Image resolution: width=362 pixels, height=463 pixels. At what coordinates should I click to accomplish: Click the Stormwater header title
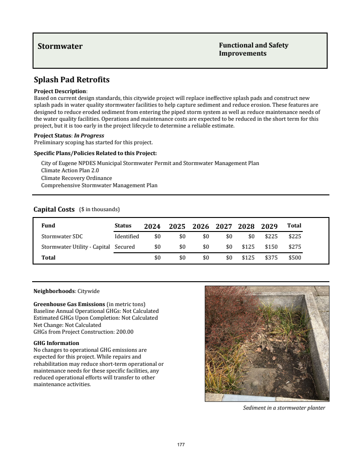[x=60, y=46]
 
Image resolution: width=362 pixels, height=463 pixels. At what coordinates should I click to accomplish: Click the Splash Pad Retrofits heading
[x=71, y=80]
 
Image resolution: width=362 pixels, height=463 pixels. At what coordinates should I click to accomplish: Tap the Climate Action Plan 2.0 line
[x=70, y=170]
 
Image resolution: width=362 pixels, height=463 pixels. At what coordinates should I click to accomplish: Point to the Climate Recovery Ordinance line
[x=76, y=178]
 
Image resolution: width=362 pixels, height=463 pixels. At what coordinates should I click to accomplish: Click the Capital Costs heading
[x=54, y=209]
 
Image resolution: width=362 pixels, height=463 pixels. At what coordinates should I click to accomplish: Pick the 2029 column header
[x=269, y=226]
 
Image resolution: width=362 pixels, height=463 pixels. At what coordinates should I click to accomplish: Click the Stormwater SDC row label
[x=62, y=236]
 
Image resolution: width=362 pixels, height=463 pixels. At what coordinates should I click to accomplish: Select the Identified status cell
[x=127, y=236]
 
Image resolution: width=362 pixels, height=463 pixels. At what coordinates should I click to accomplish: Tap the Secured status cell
[x=125, y=247]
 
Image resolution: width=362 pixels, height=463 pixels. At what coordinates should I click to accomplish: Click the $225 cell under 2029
[x=271, y=236]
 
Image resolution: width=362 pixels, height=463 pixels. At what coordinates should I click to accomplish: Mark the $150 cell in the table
[x=271, y=247]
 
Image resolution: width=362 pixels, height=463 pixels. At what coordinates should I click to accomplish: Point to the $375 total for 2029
[x=271, y=258]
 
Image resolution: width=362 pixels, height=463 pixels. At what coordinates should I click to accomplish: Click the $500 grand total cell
[x=295, y=258]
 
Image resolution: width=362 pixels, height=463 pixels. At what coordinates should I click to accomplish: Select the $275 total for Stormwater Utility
[x=295, y=247]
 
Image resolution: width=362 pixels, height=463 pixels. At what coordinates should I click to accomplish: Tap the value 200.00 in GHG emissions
[x=124, y=331]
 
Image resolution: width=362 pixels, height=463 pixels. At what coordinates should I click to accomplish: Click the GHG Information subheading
[x=57, y=343]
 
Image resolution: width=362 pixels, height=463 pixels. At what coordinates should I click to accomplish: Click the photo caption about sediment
[x=284, y=408]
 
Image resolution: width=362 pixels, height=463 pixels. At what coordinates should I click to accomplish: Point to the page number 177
[x=181, y=445]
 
